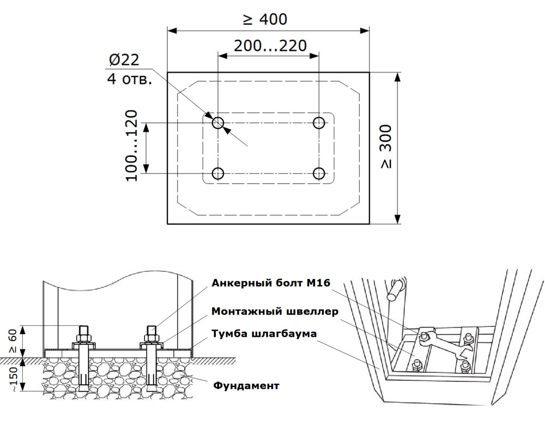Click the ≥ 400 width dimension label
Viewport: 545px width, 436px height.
(x=265, y=20)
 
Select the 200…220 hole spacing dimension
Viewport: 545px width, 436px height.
(x=270, y=45)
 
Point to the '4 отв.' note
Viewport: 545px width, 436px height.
(x=129, y=79)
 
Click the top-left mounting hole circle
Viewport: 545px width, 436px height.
(x=218, y=123)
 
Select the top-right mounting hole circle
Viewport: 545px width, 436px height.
(x=319, y=123)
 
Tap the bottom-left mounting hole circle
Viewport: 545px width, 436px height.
(x=218, y=173)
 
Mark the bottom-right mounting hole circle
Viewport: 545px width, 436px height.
(x=319, y=173)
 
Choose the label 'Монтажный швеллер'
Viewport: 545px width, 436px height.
(x=275, y=312)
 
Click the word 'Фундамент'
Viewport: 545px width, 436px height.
(x=246, y=386)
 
